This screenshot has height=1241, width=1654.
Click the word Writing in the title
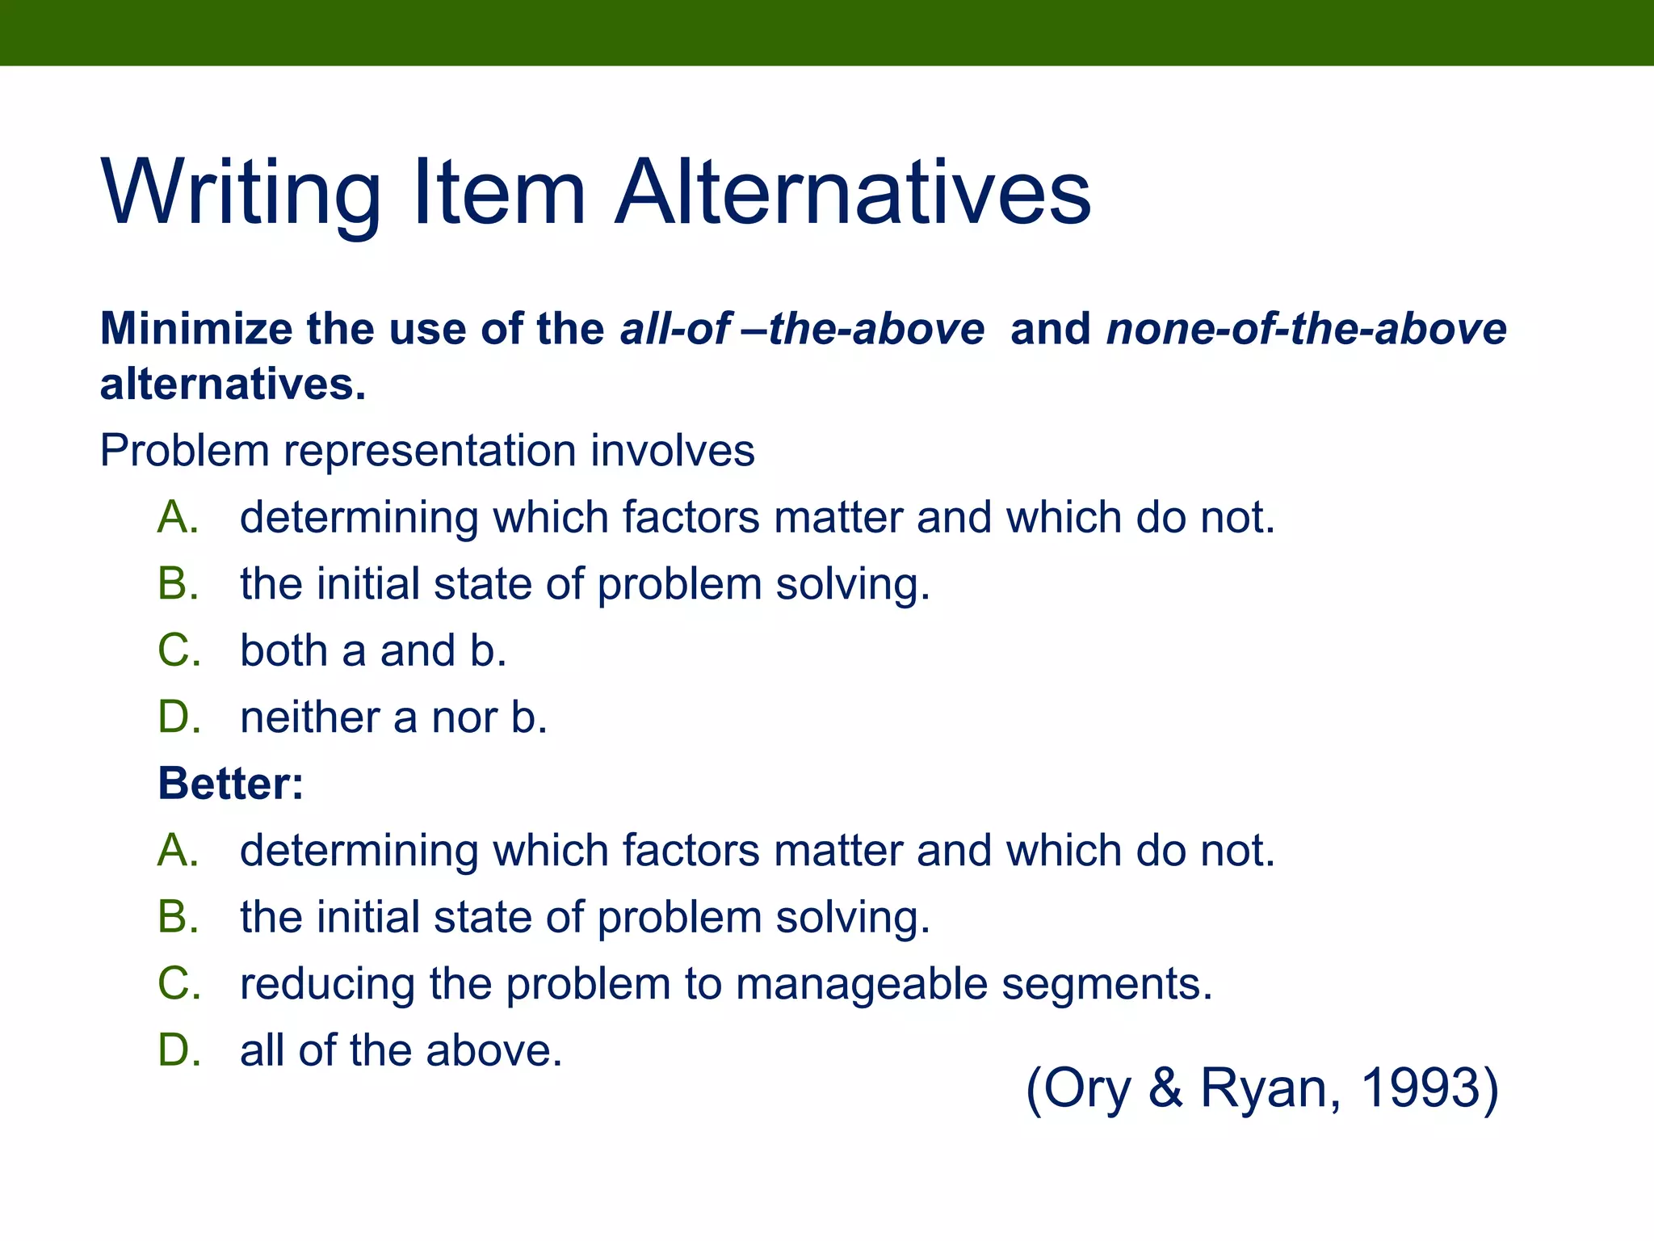click(x=241, y=194)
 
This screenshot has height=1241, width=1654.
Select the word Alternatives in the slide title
click(x=853, y=194)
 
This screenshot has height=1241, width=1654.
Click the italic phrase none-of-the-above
click(x=1306, y=330)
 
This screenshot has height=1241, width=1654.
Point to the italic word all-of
click(x=675, y=330)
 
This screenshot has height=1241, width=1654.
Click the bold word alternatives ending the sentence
click(x=232, y=385)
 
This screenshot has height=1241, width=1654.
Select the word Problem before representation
click(x=184, y=451)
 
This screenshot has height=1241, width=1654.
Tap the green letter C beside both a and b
click(x=178, y=650)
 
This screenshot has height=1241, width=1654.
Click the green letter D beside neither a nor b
click(x=178, y=717)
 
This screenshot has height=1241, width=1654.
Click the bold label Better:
click(x=231, y=784)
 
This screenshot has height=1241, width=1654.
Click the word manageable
click(x=862, y=984)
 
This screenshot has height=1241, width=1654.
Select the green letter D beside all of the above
click(x=178, y=1051)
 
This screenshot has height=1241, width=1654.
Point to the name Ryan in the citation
click(x=1265, y=1088)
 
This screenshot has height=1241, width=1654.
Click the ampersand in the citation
click(x=1165, y=1088)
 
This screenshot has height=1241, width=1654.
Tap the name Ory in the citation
click(x=1087, y=1088)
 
